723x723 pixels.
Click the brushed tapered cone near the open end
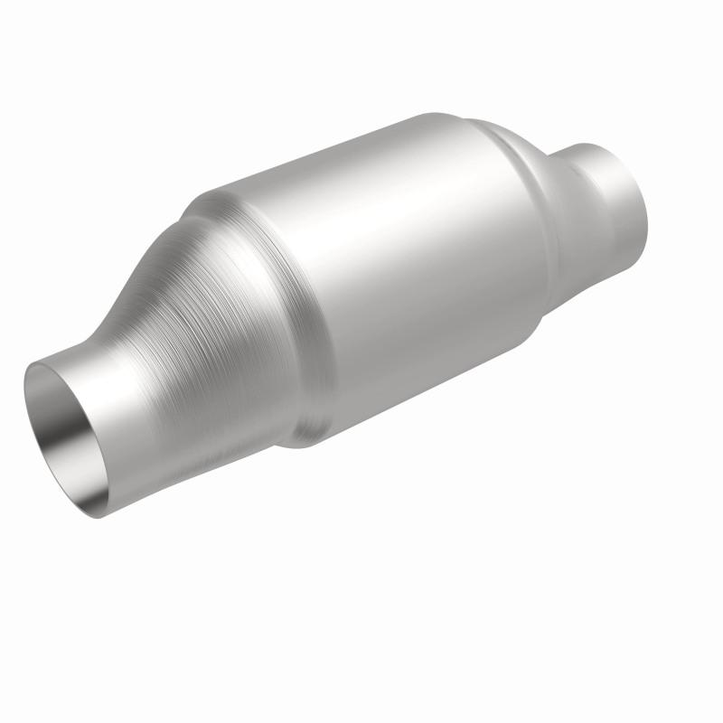coord(217,316)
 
